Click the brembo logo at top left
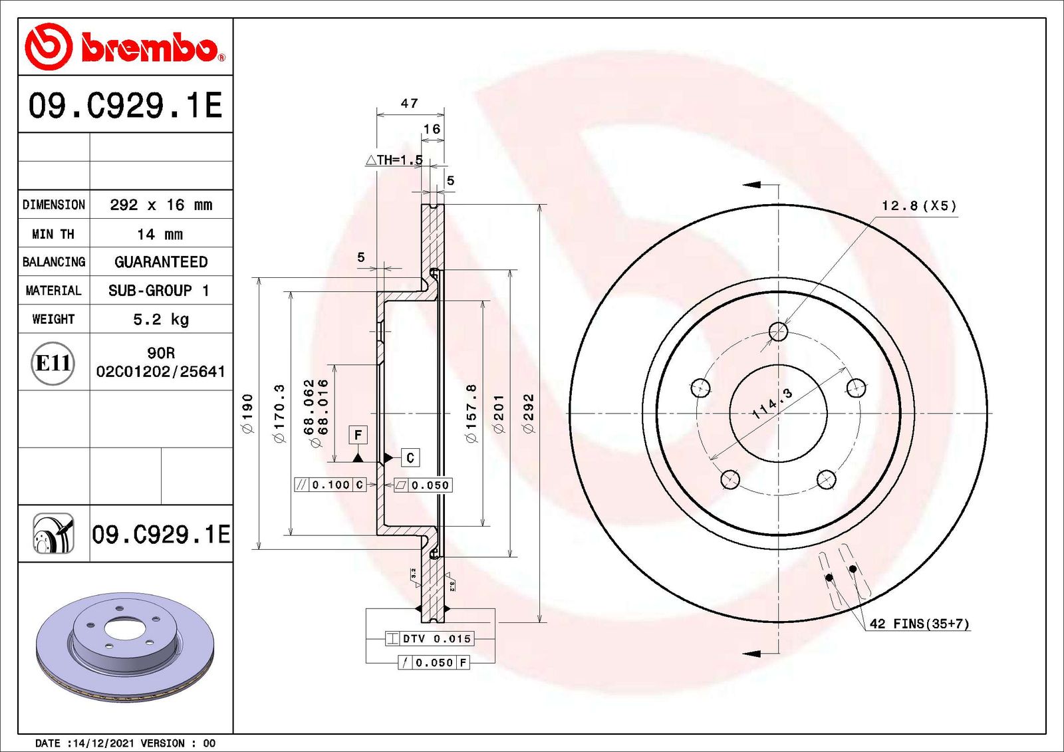(125, 47)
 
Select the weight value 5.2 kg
(161, 319)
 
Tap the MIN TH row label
(53, 234)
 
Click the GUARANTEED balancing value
(161, 262)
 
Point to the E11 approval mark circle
(53, 364)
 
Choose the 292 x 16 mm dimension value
(161, 205)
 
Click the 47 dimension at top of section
(409, 103)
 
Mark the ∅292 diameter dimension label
(528, 414)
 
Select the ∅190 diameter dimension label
(248, 414)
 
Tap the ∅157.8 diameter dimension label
(471, 414)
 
